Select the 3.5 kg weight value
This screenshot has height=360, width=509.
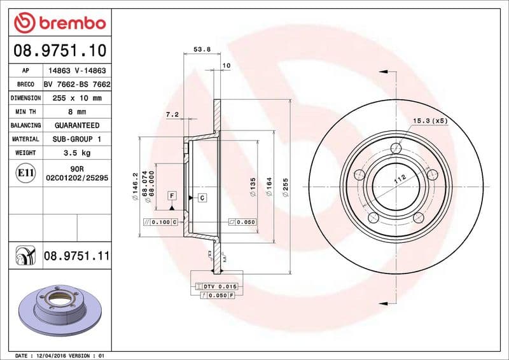(77, 153)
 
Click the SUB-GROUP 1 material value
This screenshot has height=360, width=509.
(77, 139)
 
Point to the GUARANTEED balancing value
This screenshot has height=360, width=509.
(77, 125)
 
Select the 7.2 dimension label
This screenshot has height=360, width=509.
(171, 114)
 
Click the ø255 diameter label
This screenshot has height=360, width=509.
(286, 188)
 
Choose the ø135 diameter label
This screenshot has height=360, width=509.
(253, 188)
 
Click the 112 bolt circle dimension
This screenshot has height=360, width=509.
(400, 179)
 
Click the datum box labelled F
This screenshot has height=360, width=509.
(171, 197)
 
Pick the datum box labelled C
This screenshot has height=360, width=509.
(202, 198)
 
